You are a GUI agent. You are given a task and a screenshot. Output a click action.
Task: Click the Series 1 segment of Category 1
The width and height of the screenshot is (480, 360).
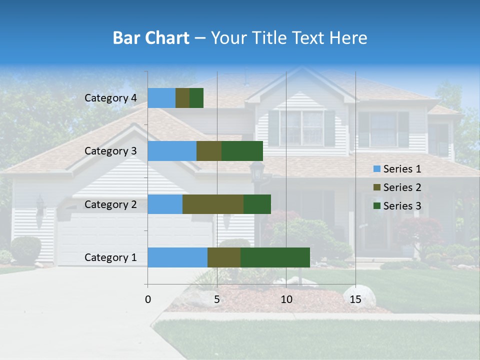[177, 257]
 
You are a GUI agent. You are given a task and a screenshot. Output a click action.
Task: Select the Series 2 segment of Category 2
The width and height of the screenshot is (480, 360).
[213, 204]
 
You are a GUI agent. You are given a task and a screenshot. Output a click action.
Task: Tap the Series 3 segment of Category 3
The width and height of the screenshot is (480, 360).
[242, 151]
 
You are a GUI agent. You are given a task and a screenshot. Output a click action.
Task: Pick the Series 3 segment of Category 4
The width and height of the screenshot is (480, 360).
[196, 98]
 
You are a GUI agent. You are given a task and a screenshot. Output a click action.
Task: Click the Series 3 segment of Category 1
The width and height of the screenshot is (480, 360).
[275, 257]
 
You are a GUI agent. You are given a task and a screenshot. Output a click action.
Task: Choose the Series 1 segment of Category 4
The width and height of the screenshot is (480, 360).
[161, 98]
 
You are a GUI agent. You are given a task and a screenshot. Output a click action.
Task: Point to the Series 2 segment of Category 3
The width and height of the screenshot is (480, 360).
[209, 151]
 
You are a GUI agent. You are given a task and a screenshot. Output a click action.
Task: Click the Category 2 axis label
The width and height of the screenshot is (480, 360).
[110, 204]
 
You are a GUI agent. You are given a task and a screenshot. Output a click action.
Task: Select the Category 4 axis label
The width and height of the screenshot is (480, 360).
[110, 98]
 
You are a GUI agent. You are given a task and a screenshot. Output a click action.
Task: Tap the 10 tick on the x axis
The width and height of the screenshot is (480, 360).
[286, 299]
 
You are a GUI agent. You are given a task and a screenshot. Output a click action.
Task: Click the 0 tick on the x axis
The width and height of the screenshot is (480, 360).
[148, 299]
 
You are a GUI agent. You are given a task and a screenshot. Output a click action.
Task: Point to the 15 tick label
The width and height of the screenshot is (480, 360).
[355, 299]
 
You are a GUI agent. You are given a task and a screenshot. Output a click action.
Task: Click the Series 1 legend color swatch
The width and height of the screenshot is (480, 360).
[376, 169]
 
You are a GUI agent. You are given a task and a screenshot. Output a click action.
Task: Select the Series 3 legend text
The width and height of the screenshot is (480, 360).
[402, 206]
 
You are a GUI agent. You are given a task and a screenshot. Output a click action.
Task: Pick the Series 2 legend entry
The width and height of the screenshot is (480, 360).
[397, 187]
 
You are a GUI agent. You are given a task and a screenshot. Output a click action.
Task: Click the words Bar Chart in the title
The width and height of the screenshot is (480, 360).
[151, 38]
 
